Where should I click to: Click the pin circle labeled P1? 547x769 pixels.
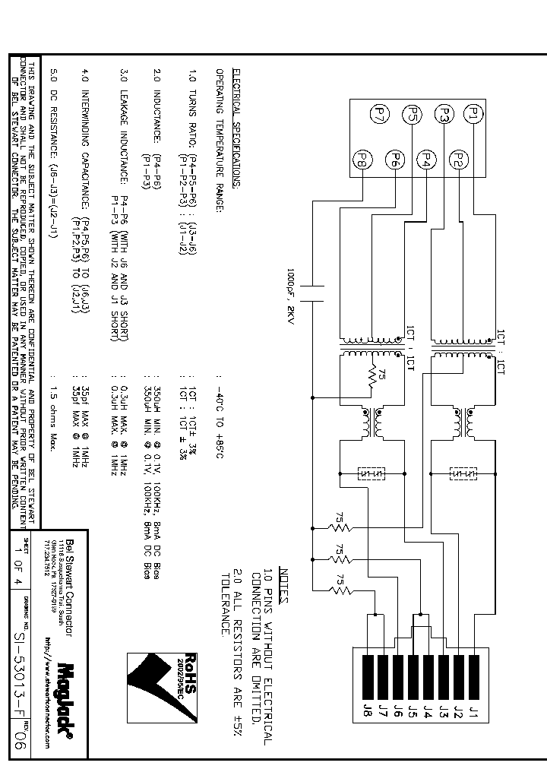(x=473, y=115)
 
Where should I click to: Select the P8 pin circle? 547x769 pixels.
(x=363, y=160)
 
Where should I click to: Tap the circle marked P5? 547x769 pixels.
(x=412, y=115)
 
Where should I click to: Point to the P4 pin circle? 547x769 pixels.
(x=426, y=160)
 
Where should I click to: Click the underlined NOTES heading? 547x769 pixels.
(x=284, y=582)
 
